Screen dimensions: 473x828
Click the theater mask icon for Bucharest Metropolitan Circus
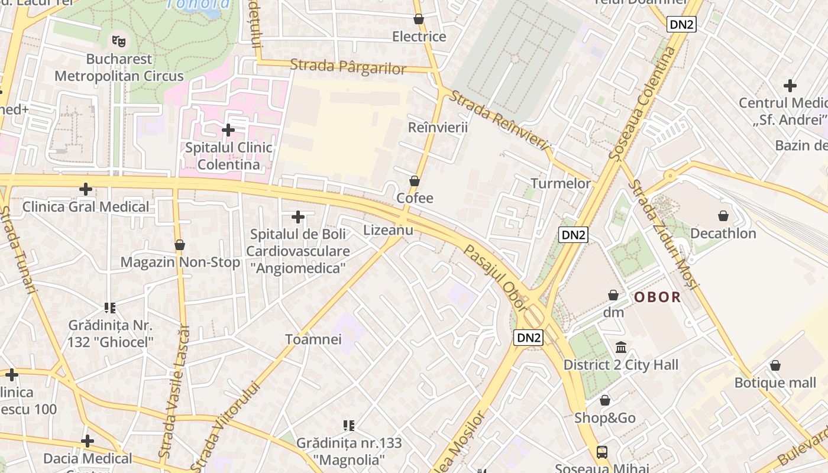click(x=119, y=41)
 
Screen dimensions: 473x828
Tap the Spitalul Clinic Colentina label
click(x=228, y=156)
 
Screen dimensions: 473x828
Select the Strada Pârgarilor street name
click(x=348, y=67)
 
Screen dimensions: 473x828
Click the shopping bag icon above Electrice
click(x=419, y=19)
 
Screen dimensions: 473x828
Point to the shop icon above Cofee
click(x=415, y=180)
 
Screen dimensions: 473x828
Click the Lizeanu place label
click(x=388, y=230)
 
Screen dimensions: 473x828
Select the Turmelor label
click(x=561, y=183)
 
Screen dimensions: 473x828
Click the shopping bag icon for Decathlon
click(x=723, y=216)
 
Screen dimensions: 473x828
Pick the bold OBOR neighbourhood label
click(x=657, y=297)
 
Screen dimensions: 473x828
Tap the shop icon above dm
click(x=613, y=294)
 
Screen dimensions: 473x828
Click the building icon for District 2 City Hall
click(x=621, y=347)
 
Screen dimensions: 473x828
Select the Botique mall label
click(x=775, y=383)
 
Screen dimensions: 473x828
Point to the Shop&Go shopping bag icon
click(x=604, y=400)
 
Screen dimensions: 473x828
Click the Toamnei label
click(x=313, y=339)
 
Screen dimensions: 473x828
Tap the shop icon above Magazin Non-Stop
click(x=180, y=245)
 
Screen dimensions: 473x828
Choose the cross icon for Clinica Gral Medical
click(x=86, y=189)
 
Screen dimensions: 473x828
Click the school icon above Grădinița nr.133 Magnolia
click(x=349, y=425)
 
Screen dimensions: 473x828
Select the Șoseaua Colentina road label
click(x=643, y=103)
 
